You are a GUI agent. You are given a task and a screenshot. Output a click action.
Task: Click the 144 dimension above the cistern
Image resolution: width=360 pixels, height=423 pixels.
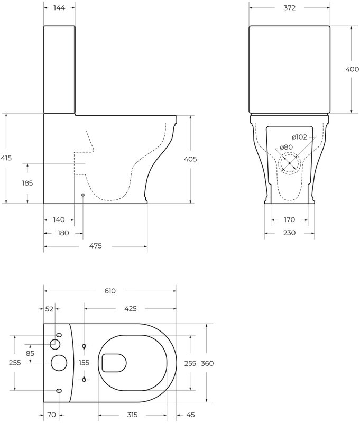(x=59, y=8)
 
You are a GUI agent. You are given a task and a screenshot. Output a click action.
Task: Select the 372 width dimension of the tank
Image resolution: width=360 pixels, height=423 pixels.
(x=289, y=8)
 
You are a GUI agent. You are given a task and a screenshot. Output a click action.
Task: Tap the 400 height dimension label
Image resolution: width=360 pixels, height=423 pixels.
(x=352, y=69)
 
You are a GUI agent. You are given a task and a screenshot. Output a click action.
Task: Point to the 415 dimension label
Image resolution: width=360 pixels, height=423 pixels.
(x=6, y=158)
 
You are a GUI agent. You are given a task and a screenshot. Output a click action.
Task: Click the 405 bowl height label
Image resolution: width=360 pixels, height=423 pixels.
(x=190, y=159)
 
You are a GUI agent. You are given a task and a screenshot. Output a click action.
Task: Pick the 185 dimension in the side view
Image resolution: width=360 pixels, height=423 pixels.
(x=27, y=183)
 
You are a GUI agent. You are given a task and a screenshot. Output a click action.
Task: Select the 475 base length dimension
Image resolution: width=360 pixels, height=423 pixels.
(x=96, y=246)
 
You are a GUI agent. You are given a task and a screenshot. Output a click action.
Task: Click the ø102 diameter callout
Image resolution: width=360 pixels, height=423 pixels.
(x=299, y=137)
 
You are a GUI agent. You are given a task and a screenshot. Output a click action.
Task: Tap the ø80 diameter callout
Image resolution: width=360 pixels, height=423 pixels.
(x=286, y=148)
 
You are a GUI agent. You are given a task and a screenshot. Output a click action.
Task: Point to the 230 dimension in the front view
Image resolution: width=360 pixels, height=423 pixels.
(x=289, y=233)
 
